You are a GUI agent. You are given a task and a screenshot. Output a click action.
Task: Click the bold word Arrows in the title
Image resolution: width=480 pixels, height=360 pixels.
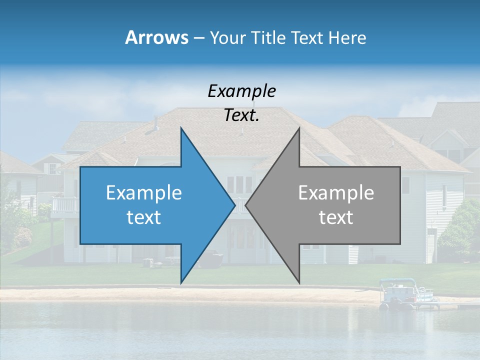pos(156,37)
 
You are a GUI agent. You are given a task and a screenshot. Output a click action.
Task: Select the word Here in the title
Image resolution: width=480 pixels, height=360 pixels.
pos(347,37)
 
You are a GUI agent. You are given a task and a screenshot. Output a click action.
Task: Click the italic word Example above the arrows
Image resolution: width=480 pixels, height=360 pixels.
pos(241,91)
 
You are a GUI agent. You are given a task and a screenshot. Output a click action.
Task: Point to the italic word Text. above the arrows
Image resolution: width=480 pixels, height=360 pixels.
pos(241,115)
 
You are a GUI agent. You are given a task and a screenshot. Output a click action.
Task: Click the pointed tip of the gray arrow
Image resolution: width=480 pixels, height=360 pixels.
pos(247,205)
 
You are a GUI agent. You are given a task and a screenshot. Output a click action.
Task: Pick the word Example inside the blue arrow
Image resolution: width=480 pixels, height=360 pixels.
pos(143,193)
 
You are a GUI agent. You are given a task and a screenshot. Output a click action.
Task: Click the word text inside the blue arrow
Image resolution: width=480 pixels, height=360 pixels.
pos(143,217)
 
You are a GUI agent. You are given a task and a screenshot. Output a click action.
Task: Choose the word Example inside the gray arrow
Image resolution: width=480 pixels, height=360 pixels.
pos(336,193)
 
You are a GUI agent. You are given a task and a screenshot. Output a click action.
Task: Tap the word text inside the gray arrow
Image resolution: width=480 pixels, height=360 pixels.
pos(336,217)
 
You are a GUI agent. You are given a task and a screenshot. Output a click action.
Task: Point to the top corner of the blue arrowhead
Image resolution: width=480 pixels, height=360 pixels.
pos(181,129)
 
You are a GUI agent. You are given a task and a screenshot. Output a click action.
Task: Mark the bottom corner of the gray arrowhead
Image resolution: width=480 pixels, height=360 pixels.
pos(299,282)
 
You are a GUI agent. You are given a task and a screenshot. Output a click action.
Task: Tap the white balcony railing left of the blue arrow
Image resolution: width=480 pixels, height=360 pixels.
pos(65,204)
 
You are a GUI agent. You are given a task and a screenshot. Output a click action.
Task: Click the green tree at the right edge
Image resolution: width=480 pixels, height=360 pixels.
pos(460,230)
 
